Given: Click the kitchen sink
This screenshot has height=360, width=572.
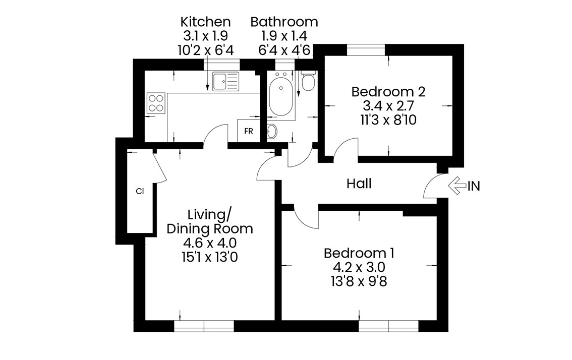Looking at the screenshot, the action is click(x=225, y=81).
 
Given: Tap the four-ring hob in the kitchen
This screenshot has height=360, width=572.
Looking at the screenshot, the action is click(x=156, y=103).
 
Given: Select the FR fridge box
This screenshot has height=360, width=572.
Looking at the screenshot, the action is click(x=249, y=131).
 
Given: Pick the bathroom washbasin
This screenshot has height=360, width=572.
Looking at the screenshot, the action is click(x=272, y=131).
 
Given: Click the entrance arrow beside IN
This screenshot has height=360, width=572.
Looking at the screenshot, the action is click(x=457, y=186).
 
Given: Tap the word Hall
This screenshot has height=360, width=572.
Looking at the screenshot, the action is click(x=359, y=184).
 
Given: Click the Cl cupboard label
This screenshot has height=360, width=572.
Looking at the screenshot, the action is click(x=140, y=191).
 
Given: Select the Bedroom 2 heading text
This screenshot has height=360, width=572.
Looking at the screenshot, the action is click(x=388, y=92).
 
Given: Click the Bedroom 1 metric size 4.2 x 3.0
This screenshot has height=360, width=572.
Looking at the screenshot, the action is click(x=359, y=267).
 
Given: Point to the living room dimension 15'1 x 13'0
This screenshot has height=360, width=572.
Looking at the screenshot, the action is click(x=209, y=258).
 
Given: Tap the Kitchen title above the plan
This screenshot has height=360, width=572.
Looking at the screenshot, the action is click(x=205, y=22).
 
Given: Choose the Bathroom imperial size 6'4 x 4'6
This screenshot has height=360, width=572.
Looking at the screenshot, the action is click(x=284, y=50).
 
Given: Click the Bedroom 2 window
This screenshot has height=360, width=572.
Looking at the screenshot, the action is click(x=366, y=49).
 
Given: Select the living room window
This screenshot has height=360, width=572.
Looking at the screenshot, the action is click(x=204, y=326).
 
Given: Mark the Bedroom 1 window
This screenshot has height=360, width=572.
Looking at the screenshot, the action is click(x=388, y=326).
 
